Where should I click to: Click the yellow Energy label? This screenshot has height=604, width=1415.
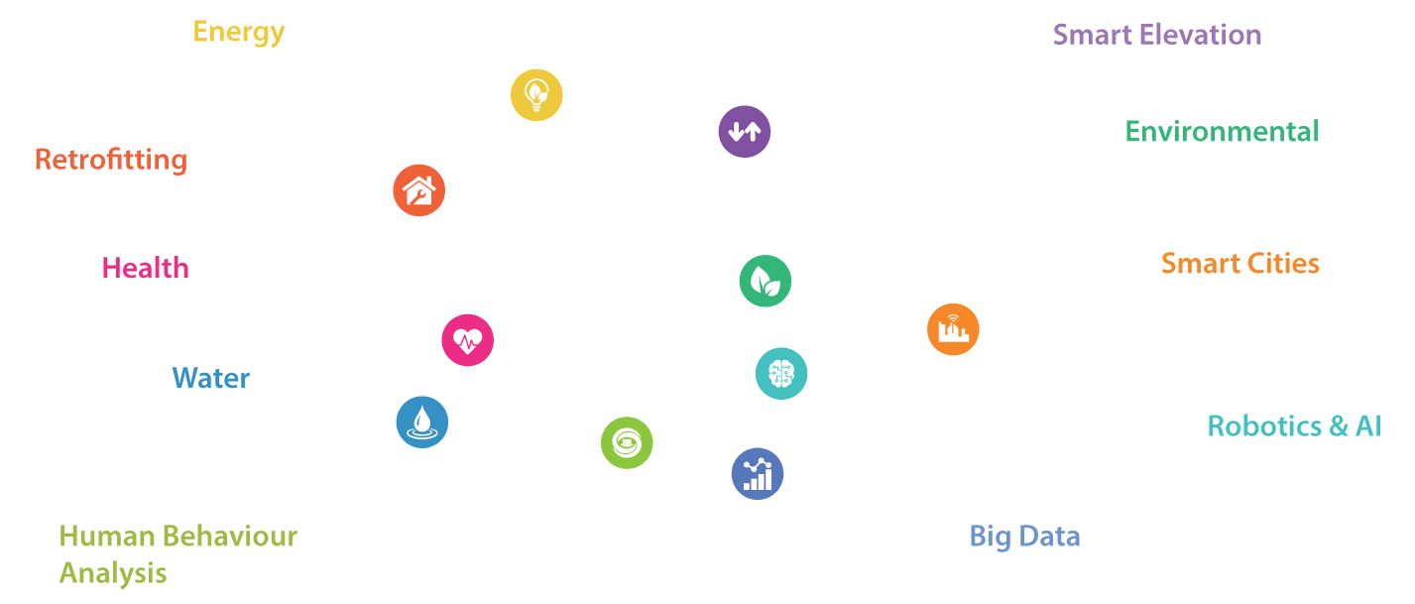tap(239, 32)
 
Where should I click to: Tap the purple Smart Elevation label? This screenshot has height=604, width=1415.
tap(1157, 35)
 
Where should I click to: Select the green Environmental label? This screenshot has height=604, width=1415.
tap(1223, 132)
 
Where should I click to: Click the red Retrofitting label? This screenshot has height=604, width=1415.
tap(111, 160)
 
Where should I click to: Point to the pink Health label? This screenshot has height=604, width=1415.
tap(146, 268)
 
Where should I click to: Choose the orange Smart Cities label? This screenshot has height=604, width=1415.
tap(1240, 264)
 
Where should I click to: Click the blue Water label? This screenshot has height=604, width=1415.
tap(211, 378)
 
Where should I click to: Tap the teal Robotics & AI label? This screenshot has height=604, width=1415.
tap(1294, 425)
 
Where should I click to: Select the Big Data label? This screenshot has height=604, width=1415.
tap(1024, 537)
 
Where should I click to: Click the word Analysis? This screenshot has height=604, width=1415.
tap(113, 573)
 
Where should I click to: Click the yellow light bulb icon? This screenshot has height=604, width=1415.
tap(536, 95)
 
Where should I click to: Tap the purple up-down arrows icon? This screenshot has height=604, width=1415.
tap(744, 132)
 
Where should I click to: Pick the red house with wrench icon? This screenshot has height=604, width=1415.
tap(418, 190)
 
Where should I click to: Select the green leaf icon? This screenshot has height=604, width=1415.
tap(765, 281)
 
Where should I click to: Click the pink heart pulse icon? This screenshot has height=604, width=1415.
tap(467, 340)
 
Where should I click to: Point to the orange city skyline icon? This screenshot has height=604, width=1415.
tap(953, 329)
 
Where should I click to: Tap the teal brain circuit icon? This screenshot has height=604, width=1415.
tap(781, 373)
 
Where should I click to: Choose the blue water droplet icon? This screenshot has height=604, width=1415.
tap(422, 423)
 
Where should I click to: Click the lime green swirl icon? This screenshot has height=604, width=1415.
tap(627, 443)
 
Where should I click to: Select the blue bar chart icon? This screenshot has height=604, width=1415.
tap(758, 474)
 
